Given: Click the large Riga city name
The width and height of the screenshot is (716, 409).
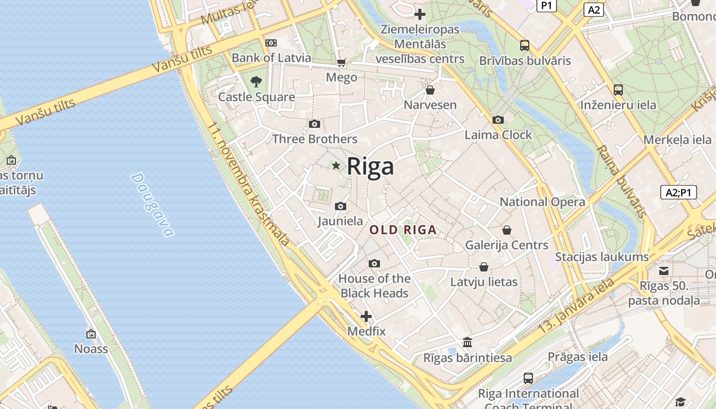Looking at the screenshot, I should (370, 166).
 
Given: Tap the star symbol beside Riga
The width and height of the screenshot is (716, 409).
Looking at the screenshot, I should (336, 166).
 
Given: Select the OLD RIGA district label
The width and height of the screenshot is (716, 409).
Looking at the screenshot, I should (403, 230).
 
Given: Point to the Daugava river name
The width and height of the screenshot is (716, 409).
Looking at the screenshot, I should (152, 204).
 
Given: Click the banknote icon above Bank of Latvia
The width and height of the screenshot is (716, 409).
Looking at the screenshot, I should (271, 43).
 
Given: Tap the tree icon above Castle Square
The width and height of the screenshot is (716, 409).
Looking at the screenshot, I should (256, 81).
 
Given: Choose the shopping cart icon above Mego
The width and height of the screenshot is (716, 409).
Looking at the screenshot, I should (341, 63).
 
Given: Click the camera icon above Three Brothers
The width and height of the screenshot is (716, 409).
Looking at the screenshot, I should (315, 124).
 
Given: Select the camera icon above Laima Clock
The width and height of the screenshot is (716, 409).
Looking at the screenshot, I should (498, 120).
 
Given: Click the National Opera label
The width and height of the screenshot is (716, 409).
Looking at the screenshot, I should (542, 202).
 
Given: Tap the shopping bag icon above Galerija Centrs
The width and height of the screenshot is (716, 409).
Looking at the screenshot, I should (506, 230).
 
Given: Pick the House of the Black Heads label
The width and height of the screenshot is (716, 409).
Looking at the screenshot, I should (374, 286).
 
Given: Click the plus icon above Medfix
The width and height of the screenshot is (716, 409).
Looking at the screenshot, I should (366, 316).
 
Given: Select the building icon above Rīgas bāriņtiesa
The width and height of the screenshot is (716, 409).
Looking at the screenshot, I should (467, 343).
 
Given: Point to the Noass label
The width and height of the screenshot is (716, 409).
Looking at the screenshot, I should (91, 349).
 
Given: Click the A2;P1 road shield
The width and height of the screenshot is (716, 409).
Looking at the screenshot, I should (678, 192).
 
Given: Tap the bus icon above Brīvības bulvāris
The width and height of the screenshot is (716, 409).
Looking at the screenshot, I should (524, 46).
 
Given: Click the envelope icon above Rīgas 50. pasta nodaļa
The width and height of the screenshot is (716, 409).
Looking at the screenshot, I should (663, 271).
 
